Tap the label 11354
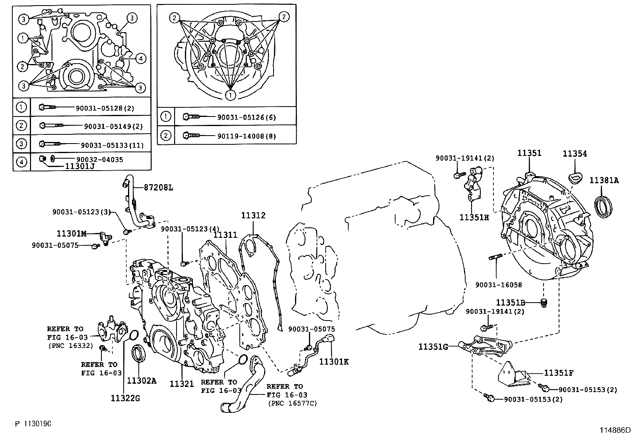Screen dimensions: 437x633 coord(575,154)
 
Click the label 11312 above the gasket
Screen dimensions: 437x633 coord(253,216)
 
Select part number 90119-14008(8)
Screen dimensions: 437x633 coord(247,136)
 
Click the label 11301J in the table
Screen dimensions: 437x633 coord(80,167)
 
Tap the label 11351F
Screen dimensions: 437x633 coord(558,373)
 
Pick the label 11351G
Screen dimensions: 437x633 coord(433,347)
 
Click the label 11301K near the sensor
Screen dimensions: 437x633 coord(334,361)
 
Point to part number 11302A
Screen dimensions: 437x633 coord(142,381)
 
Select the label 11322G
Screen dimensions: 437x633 coord(125,398)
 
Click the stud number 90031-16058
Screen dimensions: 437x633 coord(499,285)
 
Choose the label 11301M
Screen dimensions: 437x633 coord(72,234)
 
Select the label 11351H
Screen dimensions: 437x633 coord(474,218)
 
